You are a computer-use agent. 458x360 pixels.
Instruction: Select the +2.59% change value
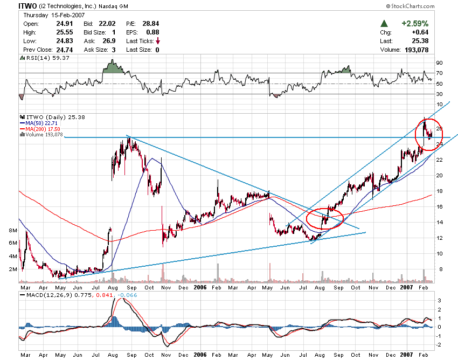(414, 24)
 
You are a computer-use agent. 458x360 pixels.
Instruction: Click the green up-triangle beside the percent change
(384, 24)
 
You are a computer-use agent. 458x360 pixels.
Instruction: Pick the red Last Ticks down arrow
(157, 41)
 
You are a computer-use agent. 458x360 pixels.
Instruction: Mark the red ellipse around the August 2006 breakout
(325, 218)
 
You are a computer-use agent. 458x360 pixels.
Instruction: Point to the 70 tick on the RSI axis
(440, 73)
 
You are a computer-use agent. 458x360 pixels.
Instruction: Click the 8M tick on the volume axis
(13, 230)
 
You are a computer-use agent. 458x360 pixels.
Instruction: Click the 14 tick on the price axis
(440, 222)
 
